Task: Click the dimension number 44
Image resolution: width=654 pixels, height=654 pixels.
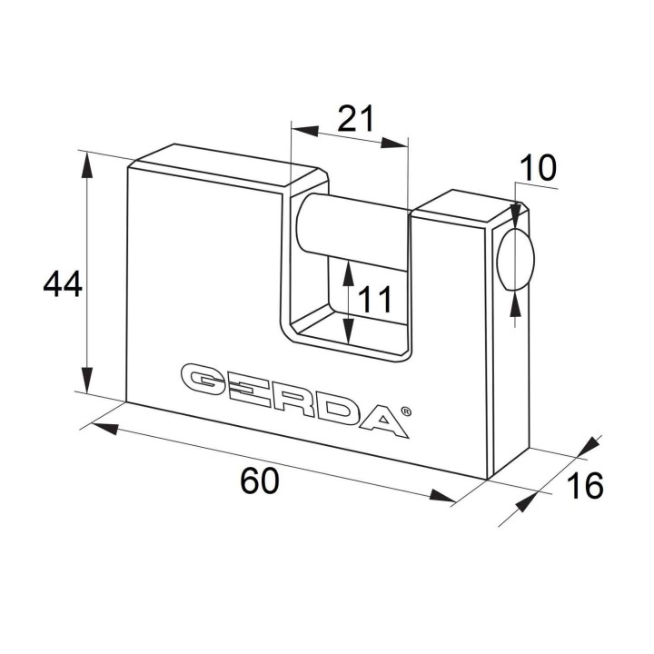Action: (63, 283)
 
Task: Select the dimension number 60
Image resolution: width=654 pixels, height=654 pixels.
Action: (259, 481)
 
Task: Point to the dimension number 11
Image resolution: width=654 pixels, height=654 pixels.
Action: (375, 299)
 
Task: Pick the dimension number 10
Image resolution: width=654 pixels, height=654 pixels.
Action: (538, 167)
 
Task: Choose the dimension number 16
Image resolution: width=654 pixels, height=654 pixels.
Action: (585, 485)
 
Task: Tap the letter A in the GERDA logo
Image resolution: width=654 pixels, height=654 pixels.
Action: (382, 421)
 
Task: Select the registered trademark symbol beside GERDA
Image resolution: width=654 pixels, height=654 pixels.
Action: (406, 411)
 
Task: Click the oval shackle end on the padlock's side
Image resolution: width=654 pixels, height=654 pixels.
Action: (516, 259)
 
